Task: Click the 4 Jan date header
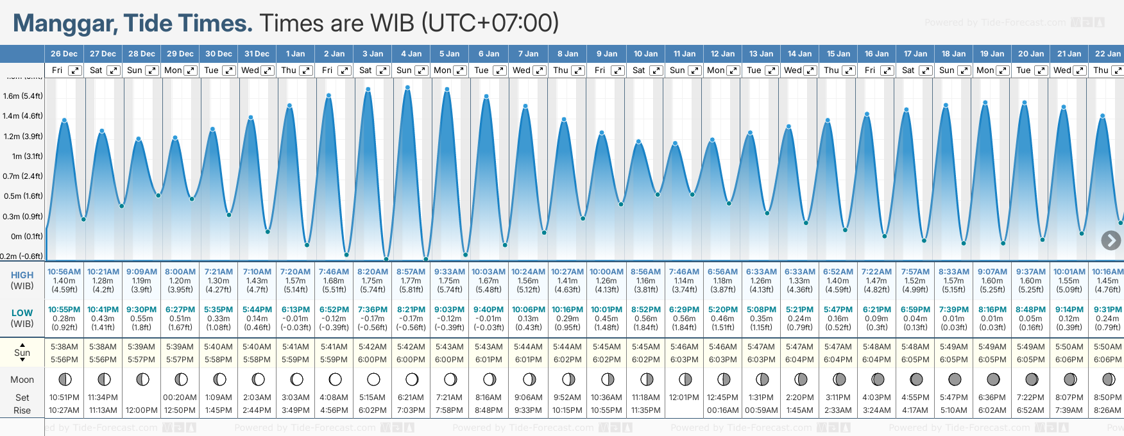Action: (x=411, y=54)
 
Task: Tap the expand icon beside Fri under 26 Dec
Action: (x=75, y=71)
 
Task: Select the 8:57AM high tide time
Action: (x=411, y=272)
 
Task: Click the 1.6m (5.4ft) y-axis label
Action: (x=23, y=96)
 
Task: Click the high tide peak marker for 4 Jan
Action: (x=407, y=88)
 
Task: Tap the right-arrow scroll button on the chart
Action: (x=1111, y=240)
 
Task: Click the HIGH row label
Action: (x=22, y=275)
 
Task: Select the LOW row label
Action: (x=22, y=313)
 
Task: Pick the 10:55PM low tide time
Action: (x=64, y=310)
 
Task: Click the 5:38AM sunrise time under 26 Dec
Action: (x=64, y=347)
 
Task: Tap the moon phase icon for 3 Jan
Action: (x=373, y=379)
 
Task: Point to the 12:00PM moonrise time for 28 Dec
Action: (x=141, y=410)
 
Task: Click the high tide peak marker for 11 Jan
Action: (x=674, y=144)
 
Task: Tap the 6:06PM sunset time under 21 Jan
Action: (x=1069, y=360)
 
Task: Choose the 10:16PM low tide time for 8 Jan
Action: (x=567, y=310)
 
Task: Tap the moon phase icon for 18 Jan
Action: (x=955, y=379)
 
